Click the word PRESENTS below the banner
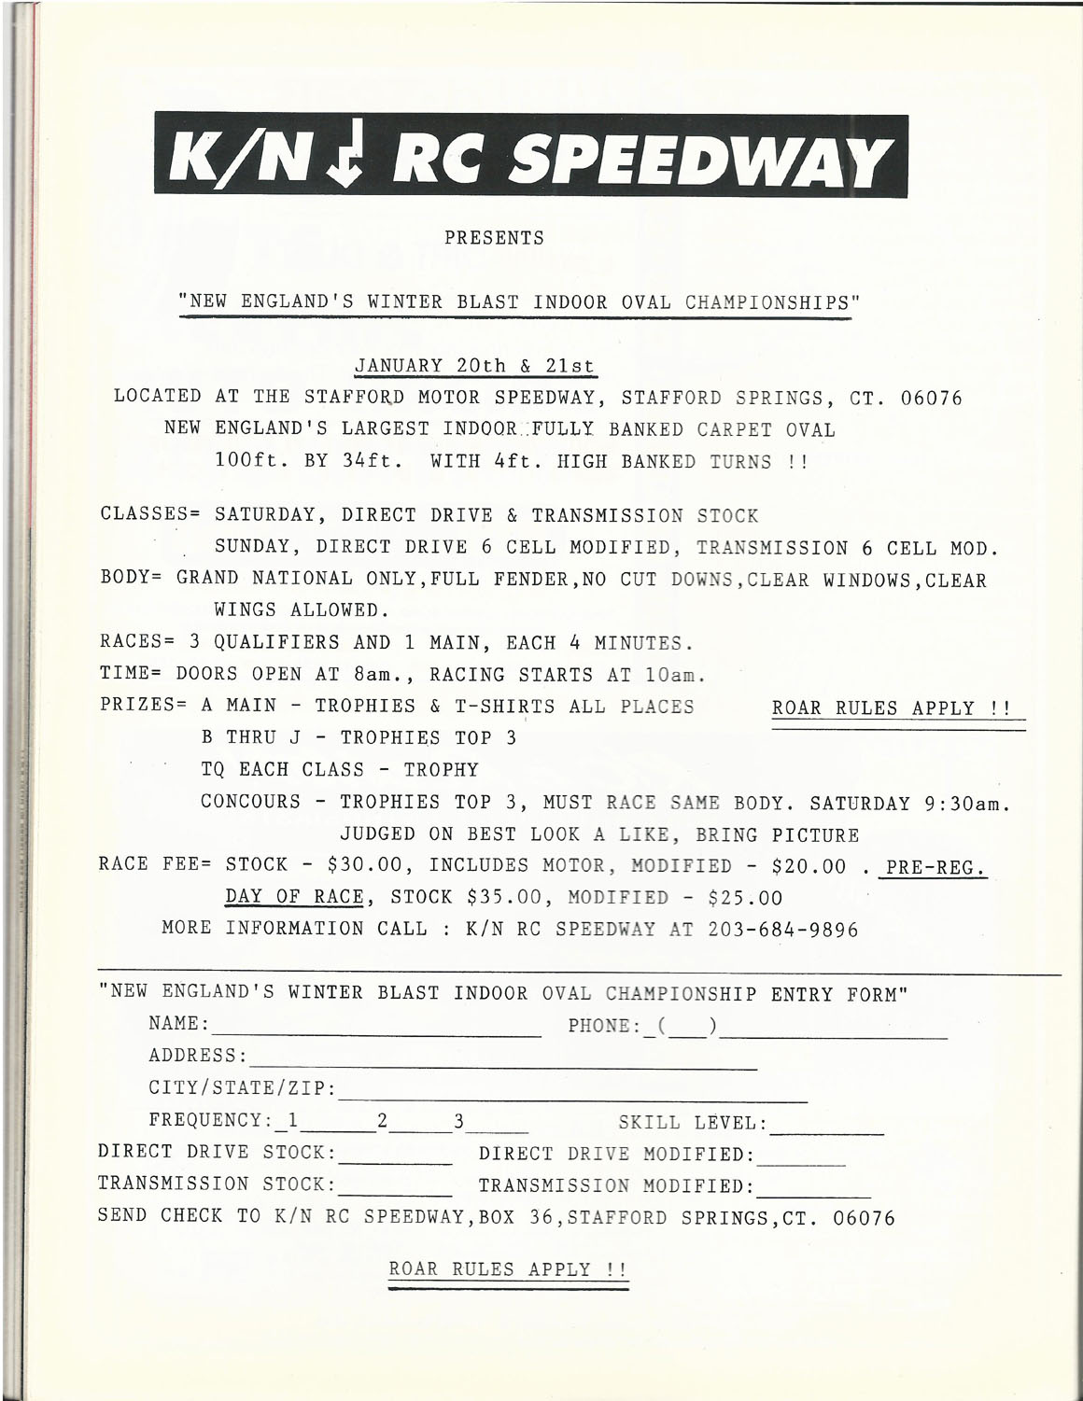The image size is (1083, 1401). click(x=494, y=238)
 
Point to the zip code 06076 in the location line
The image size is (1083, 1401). click(x=931, y=398)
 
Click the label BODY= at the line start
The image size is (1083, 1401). click(x=132, y=580)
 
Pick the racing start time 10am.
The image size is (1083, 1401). click(x=673, y=675)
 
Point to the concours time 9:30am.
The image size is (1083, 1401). click(x=968, y=803)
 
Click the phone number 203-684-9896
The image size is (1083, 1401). click(x=783, y=930)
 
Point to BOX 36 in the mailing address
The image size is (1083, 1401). click(x=517, y=1217)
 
